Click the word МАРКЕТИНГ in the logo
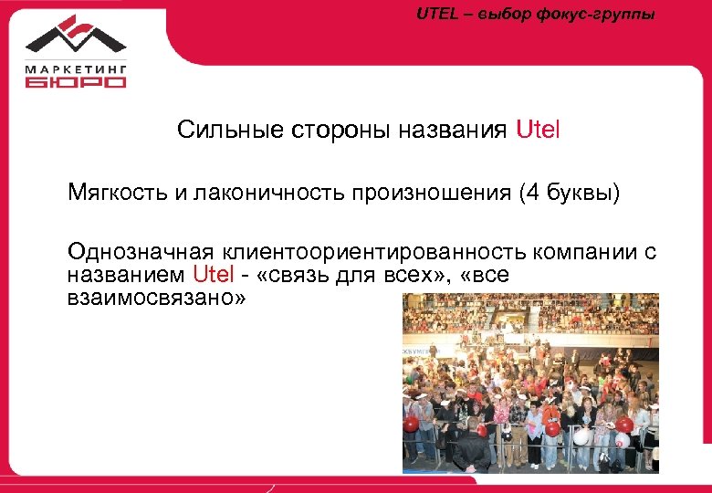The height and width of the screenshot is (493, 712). click(75, 67)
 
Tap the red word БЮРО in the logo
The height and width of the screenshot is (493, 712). click(76, 81)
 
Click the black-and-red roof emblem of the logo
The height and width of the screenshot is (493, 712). click(76, 35)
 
